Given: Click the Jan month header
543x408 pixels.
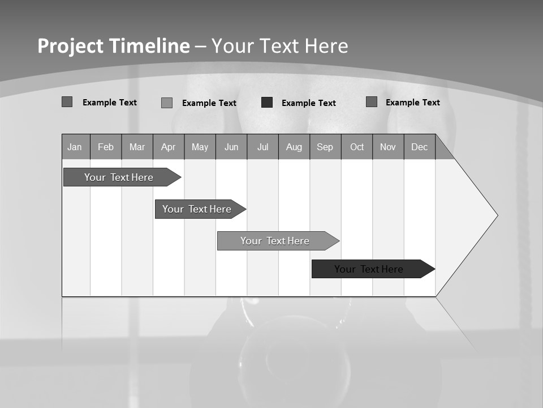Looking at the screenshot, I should (x=75, y=147).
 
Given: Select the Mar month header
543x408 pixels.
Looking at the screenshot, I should (x=137, y=147).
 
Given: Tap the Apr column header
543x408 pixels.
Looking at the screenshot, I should (x=168, y=147).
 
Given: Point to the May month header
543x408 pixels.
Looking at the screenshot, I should (x=200, y=147).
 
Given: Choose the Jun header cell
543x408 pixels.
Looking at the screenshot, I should (x=231, y=147).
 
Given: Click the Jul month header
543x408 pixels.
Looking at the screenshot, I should (x=262, y=147).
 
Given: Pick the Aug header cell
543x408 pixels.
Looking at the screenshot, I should (x=294, y=147).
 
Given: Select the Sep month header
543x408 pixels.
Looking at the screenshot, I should (x=325, y=147).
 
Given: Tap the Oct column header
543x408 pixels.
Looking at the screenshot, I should (x=357, y=147).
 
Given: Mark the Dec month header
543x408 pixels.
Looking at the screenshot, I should (x=419, y=147).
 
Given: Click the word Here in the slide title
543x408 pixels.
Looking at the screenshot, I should (x=326, y=46).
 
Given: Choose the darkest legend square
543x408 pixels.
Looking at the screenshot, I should (x=267, y=103).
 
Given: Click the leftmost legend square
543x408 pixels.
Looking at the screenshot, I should (x=67, y=102).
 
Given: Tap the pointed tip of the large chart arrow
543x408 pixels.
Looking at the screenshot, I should (x=497, y=215).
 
